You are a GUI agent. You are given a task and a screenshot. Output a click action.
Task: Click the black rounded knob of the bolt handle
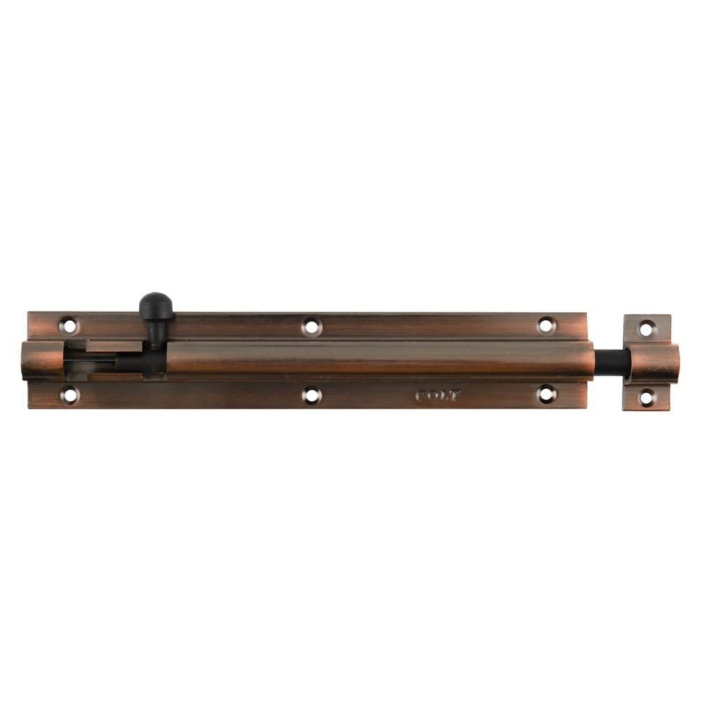pos(156,305)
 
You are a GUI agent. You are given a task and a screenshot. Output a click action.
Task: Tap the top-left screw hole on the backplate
pos(69,325)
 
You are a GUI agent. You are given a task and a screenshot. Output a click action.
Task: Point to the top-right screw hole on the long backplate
pos(545,325)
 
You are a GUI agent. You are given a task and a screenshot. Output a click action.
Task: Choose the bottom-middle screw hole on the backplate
pos(312,395)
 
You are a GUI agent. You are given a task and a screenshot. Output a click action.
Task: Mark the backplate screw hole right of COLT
pos(546,395)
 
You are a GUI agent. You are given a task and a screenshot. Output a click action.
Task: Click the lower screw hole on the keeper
pos(646,397)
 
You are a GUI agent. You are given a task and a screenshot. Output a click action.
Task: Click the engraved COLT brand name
pos(438,396)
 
